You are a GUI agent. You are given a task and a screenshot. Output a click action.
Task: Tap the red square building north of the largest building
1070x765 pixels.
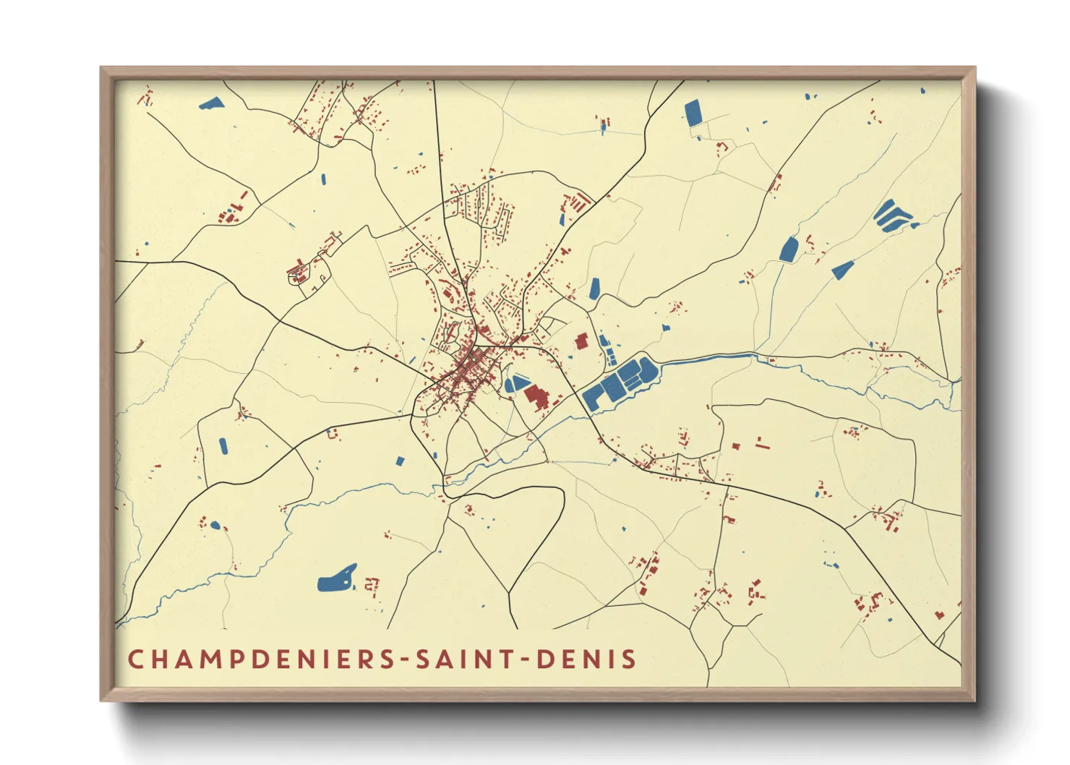tap(580, 341)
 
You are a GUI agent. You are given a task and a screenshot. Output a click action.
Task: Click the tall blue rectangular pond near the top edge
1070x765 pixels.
tap(693, 114)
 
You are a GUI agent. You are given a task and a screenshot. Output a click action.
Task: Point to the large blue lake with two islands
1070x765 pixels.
tap(337, 578)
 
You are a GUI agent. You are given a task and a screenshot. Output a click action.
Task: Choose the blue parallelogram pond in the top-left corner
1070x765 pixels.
tap(211, 103)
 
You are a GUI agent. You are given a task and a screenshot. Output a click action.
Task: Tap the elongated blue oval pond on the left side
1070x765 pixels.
tap(223, 446)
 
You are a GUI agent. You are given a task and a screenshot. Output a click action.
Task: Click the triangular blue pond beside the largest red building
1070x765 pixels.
tap(516, 383)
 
